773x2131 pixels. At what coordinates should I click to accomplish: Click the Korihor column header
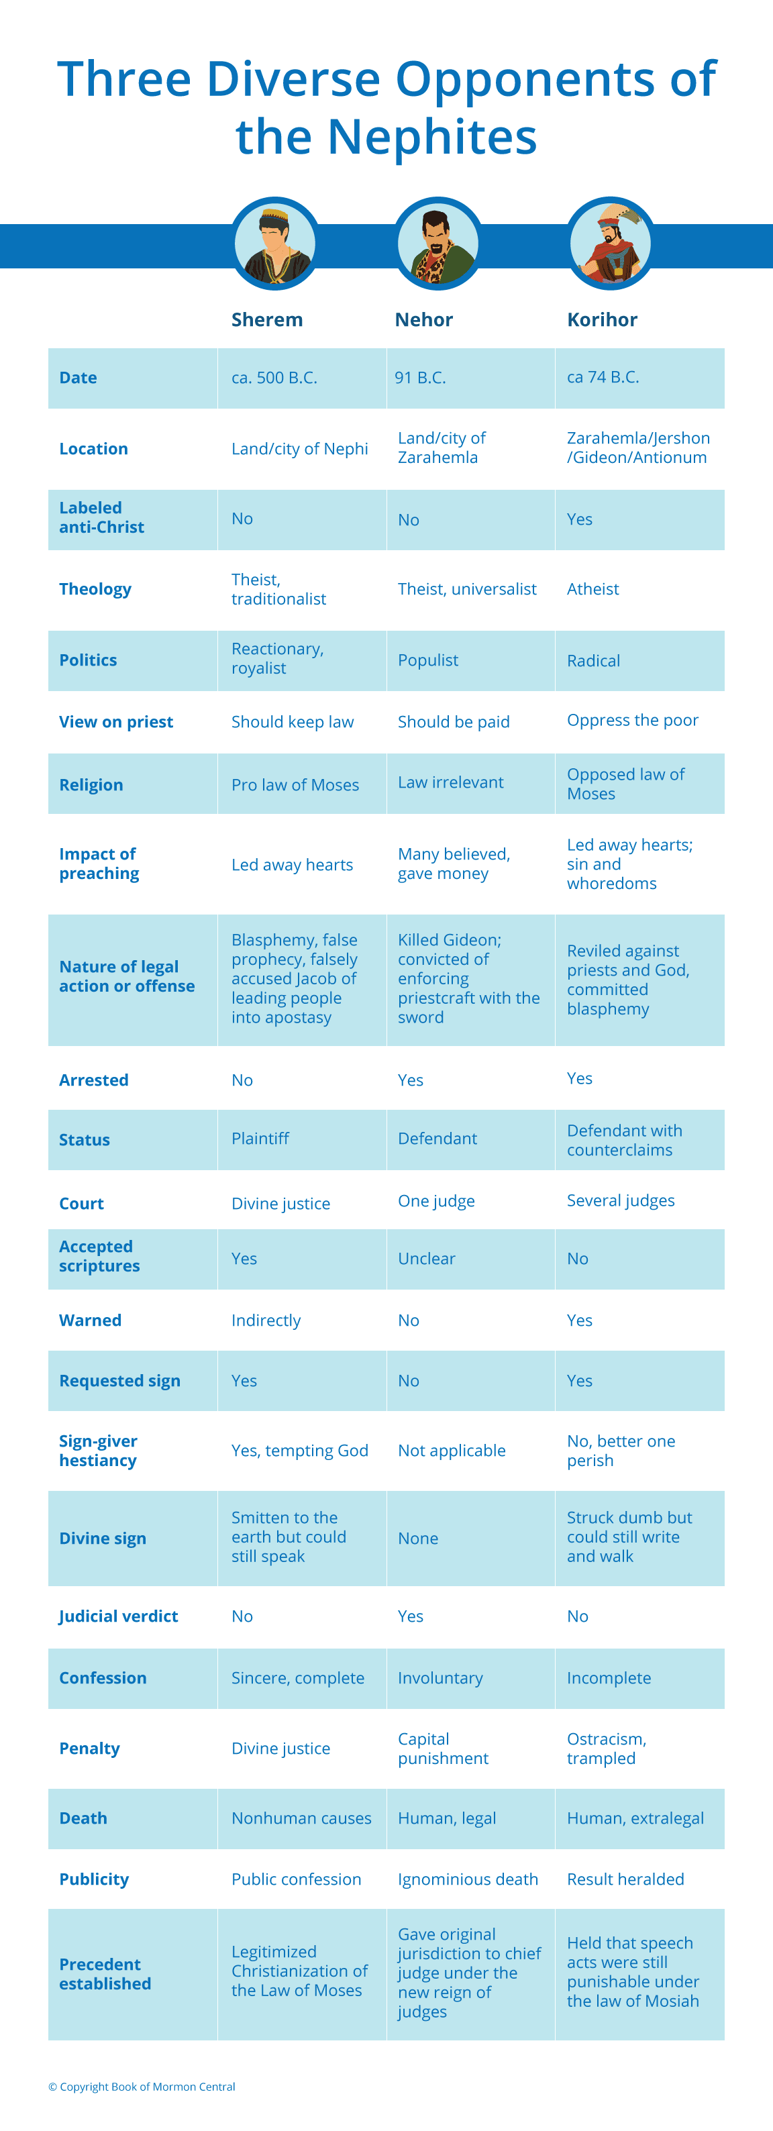coord(602,319)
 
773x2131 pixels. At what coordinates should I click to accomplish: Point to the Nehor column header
coord(424,319)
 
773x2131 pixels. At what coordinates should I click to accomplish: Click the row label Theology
coord(95,589)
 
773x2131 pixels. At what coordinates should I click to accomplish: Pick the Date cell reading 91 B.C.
coord(421,377)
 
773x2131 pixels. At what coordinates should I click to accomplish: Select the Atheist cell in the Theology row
coord(592,589)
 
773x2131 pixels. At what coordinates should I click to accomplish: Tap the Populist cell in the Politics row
coord(428,660)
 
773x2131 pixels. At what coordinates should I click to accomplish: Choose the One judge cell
coord(436,1201)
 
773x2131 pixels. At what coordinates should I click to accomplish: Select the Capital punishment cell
coord(443,1748)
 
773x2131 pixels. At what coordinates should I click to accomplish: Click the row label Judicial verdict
coord(118,1616)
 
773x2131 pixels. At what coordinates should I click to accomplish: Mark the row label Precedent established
coord(105,1974)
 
